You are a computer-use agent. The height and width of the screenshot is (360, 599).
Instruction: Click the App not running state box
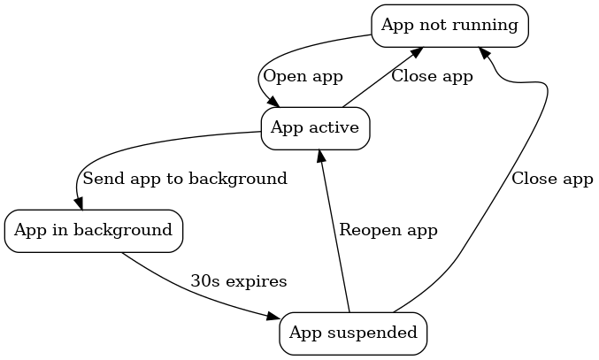[x=449, y=25]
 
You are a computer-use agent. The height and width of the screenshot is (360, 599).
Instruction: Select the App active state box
[x=314, y=128]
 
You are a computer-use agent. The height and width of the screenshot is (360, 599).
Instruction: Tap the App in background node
[x=93, y=231]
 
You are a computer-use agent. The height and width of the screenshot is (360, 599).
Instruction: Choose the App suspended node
[x=353, y=333]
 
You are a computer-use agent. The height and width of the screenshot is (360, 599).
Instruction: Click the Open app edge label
[x=303, y=76]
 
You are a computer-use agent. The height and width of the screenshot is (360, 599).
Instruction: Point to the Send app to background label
[x=185, y=179]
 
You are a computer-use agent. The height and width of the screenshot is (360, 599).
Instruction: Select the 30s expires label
[x=239, y=282]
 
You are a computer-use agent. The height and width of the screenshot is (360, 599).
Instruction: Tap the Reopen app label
[x=388, y=230]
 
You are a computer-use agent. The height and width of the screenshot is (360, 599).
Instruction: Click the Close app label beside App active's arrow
[x=432, y=76]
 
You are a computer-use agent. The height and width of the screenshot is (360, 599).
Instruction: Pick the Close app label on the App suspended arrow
[x=552, y=179]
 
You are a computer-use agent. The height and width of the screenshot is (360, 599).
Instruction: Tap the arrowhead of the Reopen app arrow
[x=319, y=157]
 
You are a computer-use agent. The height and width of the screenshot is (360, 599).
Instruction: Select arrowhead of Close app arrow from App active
[x=414, y=52]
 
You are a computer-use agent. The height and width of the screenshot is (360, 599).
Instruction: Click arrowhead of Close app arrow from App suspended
[x=484, y=53]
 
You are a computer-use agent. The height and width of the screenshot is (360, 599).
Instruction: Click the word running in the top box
[x=485, y=25]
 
